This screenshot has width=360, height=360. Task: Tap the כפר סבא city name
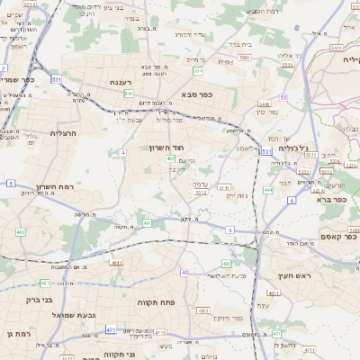196,94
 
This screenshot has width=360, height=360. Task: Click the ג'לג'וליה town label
294,148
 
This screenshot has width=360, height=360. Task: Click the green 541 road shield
130,93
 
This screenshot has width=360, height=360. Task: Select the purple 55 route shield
283,96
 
